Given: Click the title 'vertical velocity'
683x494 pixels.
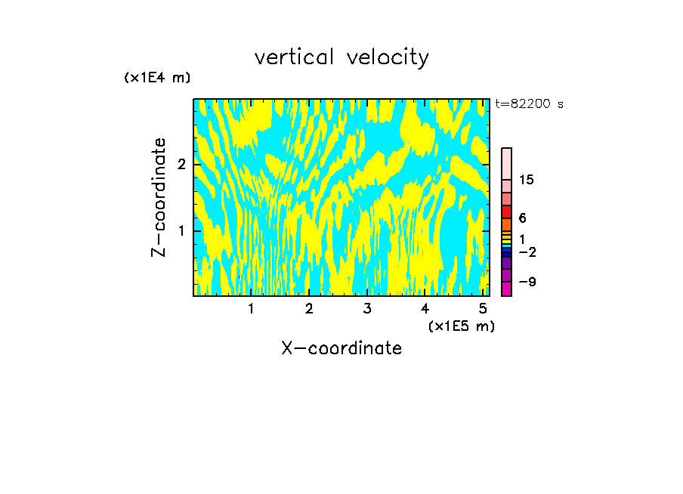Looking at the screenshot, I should click(341, 57).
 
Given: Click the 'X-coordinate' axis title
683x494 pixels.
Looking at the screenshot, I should click(341, 348).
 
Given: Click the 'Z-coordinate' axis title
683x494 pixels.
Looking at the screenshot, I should click(159, 197).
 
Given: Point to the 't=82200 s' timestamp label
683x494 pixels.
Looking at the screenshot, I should click(529, 104).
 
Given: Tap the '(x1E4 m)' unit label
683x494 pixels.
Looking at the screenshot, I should click(157, 78).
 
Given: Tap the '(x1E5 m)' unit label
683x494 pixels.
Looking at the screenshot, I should click(461, 326).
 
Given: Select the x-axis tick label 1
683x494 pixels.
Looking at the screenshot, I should click(251, 309).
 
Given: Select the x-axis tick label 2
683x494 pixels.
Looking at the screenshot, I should click(309, 309).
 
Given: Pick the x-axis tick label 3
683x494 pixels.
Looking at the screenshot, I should click(366, 309).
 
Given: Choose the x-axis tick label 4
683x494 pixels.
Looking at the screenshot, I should click(425, 309).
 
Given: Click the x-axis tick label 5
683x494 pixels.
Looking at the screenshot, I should click(482, 309).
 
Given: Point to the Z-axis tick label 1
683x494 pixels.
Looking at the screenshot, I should click(181, 230).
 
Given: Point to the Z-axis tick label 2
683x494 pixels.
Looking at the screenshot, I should click(181, 165).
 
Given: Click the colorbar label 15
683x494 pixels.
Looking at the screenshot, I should click(527, 180).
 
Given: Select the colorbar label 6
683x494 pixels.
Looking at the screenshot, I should click(522, 218).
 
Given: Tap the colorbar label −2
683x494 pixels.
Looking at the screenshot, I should click(527, 252).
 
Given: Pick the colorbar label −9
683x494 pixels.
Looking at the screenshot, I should click(527, 282).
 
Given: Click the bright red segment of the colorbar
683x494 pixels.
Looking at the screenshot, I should click(506, 211).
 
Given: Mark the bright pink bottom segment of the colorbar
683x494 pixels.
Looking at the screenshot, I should click(506, 289).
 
